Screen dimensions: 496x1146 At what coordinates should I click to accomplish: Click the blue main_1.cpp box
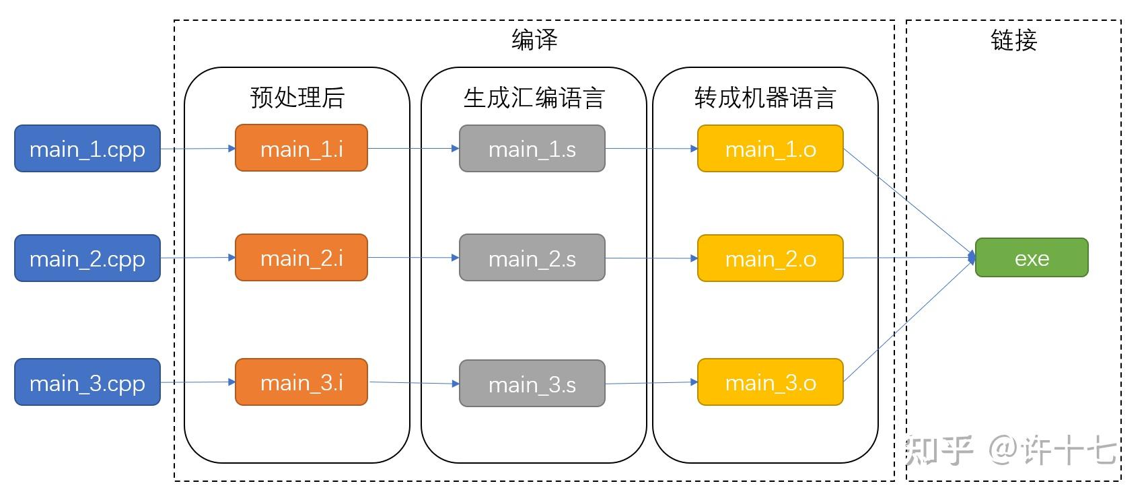[87, 149]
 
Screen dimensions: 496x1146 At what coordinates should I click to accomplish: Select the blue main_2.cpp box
[87, 258]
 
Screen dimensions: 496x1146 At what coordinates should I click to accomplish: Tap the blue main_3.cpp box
[87, 382]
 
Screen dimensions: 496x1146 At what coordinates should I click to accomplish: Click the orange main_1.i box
[301, 148]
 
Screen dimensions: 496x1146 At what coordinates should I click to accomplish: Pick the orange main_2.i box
[301, 258]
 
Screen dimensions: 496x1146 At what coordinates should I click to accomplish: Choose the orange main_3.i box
[301, 382]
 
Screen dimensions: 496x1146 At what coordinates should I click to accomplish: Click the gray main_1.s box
[532, 149]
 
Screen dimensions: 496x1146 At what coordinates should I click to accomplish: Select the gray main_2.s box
[532, 258]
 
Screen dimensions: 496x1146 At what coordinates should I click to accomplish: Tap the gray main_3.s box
[532, 384]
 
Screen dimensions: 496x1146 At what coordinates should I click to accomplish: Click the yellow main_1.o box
[770, 149]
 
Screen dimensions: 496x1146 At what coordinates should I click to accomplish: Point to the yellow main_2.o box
[770, 258]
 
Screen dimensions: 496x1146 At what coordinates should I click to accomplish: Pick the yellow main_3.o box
[770, 382]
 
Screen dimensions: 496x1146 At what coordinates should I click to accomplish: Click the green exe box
[1031, 258]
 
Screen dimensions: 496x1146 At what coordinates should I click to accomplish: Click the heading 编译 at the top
[534, 40]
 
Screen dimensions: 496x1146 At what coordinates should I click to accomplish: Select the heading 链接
[1013, 40]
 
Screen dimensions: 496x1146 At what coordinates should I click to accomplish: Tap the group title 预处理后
[297, 98]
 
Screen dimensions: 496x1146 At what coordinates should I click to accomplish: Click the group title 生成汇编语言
[534, 98]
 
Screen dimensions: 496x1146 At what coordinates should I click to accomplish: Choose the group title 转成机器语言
[765, 98]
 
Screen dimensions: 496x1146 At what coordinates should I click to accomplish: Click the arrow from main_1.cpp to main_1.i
[198, 149]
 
